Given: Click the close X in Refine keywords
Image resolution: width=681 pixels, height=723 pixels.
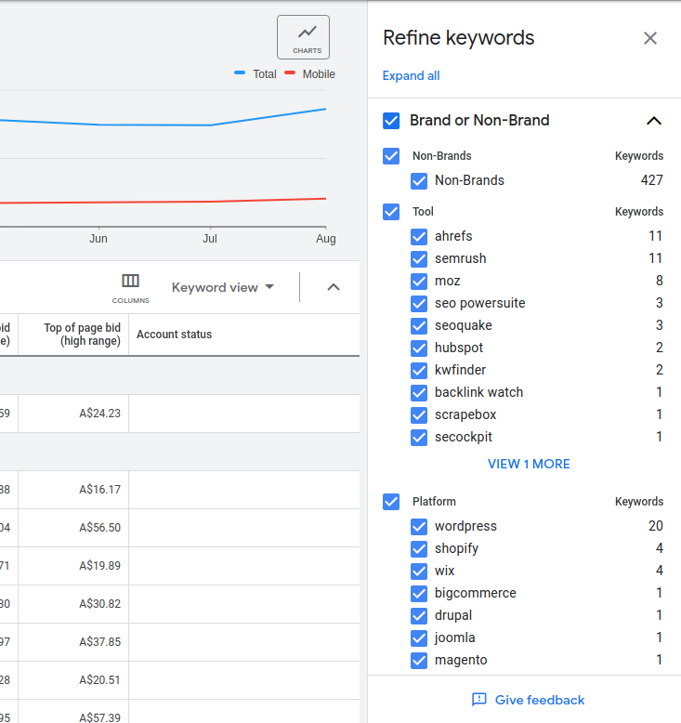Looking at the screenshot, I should pos(650,38).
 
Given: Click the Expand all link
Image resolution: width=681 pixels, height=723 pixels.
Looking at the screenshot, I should pos(411,76).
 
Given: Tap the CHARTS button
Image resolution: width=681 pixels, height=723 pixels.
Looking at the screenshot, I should pos(303,37).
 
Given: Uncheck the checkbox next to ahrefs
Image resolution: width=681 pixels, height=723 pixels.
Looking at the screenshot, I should pos(419,236).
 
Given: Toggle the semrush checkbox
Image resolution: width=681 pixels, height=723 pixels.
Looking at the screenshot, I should pos(419,258).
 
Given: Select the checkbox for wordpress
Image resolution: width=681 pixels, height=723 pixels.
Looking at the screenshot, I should pos(419,526).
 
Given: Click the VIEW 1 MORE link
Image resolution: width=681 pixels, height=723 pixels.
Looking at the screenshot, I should pos(529,464).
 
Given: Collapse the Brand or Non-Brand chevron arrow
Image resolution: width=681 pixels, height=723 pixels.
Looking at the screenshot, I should pos(654,121).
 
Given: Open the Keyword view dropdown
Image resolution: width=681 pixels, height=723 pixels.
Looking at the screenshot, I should pos(223,287).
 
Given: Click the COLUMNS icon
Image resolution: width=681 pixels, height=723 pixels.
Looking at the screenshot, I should pos(130,286).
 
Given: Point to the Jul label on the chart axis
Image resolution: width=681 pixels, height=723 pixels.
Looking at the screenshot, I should pos(210,239).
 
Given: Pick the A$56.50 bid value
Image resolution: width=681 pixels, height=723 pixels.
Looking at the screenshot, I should pos(100,528).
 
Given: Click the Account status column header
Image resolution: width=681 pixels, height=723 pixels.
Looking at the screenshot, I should pos(174,335).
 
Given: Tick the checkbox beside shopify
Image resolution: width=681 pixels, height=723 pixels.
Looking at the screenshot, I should pos(419,548).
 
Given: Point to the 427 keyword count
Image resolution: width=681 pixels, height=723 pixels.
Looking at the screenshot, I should pos(651,180).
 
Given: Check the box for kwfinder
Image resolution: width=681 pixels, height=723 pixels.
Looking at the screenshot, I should pos(419,370).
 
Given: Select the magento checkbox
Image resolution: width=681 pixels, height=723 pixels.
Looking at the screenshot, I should pos(419,660).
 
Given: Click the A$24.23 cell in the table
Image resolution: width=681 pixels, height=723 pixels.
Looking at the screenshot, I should pos(100,414).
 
